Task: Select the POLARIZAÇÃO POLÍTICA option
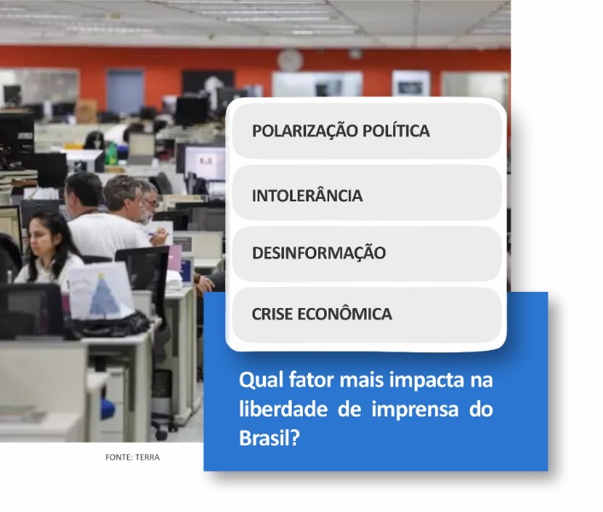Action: click(368, 131)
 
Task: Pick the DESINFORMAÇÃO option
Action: click(368, 253)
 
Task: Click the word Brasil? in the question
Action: click(270, 438)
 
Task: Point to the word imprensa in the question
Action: click(415, 409)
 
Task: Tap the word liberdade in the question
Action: click(283, 409)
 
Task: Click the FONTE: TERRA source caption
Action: click(132, 457)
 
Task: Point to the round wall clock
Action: click(290, 61)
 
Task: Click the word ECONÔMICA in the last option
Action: click(345, 314)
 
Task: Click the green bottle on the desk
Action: click(111, 153)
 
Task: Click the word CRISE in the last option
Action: click(272, 314)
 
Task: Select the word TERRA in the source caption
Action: click(148, 457)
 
